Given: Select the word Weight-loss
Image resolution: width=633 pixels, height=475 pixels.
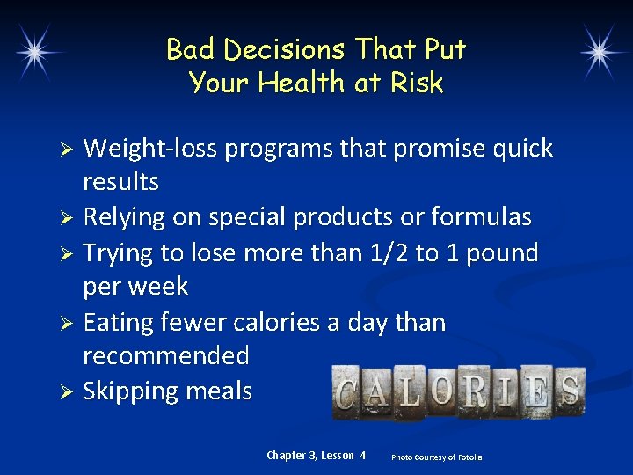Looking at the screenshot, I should [x=150, y=149].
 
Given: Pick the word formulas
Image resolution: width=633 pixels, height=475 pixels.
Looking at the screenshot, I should [x=488, y=217].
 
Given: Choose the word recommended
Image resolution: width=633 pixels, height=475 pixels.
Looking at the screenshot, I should [x=166, y=356].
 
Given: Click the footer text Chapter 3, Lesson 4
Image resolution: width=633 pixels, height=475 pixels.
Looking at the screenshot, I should [x=316, y=455].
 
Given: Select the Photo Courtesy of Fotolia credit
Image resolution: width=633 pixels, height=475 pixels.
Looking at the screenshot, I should [x=436, y=457].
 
